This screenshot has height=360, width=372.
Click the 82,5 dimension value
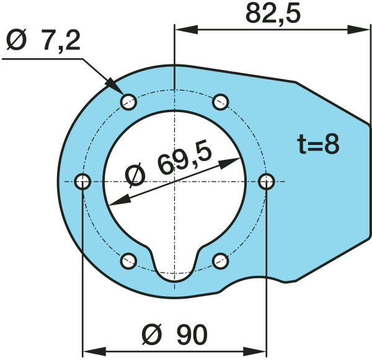[x=273, y=14]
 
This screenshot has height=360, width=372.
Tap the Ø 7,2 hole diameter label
[x=43, y=40]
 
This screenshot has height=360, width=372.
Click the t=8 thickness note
[x=318, y=144]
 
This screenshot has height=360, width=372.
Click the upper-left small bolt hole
[x=128, y=102]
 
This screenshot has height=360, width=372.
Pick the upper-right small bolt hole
[x=220, y=102]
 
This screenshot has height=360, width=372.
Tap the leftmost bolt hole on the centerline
[x=82, y=182]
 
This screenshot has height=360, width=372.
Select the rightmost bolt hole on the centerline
[x=267, y=182]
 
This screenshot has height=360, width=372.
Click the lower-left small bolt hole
[x=128, y=261]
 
